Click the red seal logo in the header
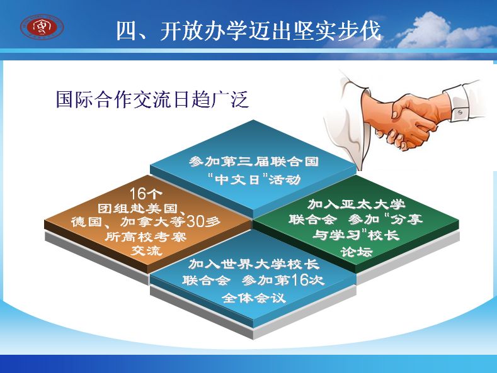(x=42, y=27)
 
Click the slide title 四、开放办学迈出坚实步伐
(x=249, y=30)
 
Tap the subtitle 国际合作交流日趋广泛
(x=152, y=99)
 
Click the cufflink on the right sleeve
(x=460, y=113)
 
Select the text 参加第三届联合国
(x=254, y=162)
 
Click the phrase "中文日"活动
(x=254, y=179)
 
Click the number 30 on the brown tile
(x=195, y=221)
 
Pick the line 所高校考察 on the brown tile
(x=146, y=237)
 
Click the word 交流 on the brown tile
(x=146, y=250)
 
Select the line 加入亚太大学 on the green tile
(x=357, y=204)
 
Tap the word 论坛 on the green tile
(x=357, y=252)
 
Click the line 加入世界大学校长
(x=254, y=264)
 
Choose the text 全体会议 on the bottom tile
(x=254, y=298)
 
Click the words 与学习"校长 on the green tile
(x=356, y=235)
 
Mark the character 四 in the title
(x=126, y=31)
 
